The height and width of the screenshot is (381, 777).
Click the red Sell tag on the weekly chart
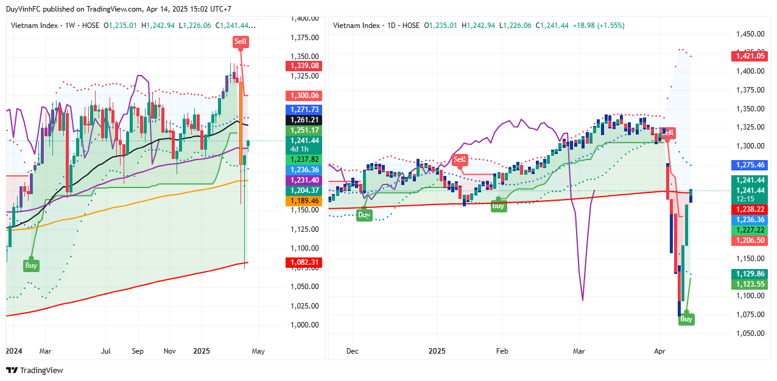[x=241, y=42]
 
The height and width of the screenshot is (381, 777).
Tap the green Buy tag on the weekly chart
[x=31, y=265]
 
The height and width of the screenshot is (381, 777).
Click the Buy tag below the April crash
[x=686, y=319]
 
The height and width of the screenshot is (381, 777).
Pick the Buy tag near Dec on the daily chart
[x=364, y=215]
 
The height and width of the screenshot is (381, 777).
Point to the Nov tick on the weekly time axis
[x=170, y=351]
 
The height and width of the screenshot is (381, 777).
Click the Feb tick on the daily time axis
[x=502, y=351]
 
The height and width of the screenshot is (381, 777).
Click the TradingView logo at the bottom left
[x=35, y=370]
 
